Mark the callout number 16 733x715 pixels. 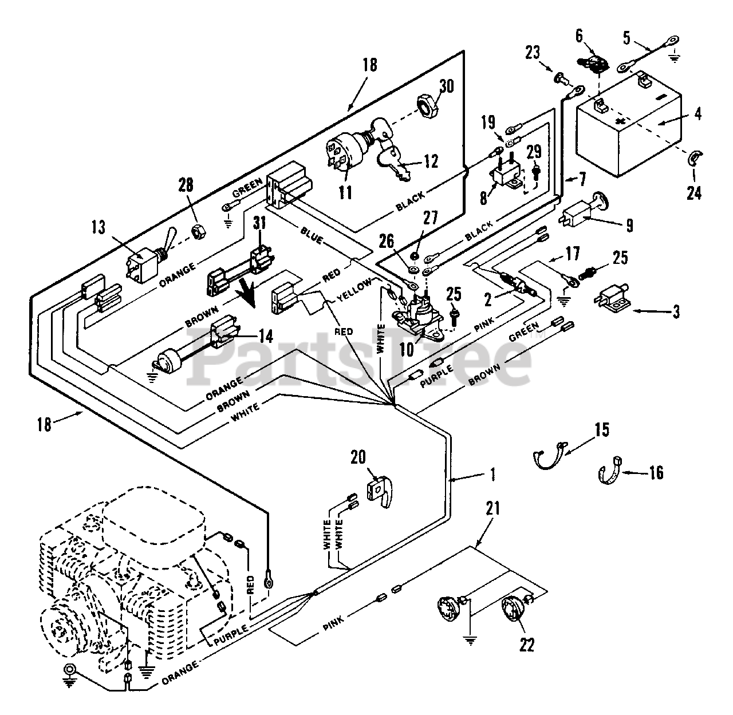point(656,472)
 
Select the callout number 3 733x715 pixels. point(676,313)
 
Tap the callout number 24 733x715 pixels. point(693,193)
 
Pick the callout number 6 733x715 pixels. point(579,36)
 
